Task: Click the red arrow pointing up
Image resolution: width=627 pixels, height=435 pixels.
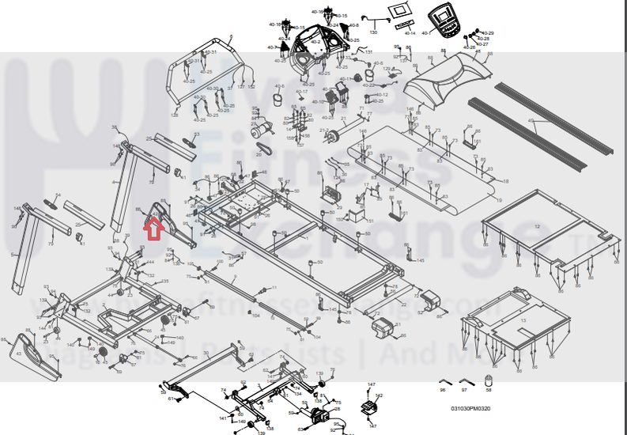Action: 153,228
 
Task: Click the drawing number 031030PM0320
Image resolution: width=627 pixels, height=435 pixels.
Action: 470,409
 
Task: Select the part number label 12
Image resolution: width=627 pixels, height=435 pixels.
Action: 538,226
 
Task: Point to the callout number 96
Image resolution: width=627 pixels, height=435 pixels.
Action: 443,390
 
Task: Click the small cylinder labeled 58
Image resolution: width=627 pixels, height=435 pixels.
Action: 488,383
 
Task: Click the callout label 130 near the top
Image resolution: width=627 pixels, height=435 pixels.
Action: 373,32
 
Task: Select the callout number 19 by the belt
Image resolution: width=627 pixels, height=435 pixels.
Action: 499,201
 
